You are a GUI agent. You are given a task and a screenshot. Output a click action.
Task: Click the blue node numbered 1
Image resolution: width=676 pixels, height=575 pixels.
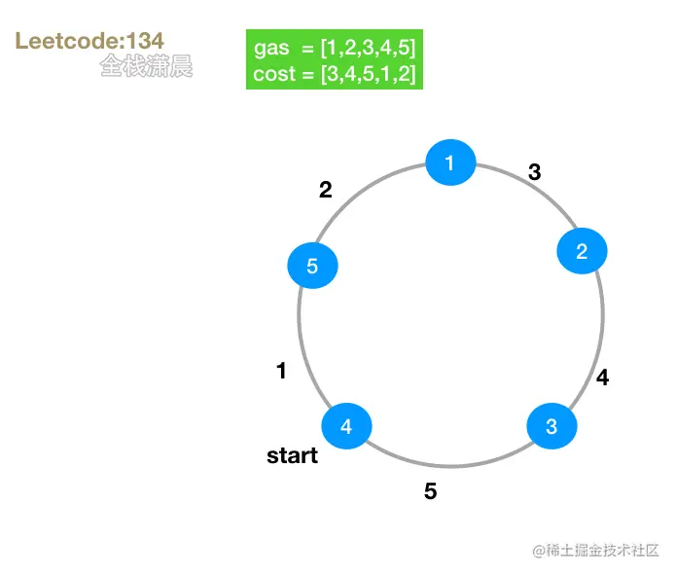click(450, 162)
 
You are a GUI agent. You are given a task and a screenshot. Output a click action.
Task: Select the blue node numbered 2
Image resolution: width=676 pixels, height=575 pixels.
click(582, 251)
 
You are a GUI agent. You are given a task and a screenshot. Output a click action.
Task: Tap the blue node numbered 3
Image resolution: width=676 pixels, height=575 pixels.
click(551, 426)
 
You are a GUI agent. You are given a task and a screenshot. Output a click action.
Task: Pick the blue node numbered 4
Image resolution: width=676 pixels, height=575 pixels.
click(346, 426)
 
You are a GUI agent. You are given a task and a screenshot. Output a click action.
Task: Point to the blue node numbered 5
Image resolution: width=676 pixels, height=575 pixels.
click(312, 266)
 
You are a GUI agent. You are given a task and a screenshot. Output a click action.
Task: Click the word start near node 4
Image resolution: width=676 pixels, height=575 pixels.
click(292, 455)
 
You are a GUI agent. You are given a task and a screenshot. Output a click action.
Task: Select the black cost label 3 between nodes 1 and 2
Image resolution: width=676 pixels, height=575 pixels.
click(534, 172)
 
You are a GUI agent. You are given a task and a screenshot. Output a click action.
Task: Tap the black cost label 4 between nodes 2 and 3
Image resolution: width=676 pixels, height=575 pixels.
click(602, 377)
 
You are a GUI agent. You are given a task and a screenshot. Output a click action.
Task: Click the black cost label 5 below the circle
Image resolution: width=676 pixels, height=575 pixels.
click(430, 491)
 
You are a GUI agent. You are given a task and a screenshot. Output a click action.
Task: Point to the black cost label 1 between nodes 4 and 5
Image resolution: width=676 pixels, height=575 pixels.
click(281, 371)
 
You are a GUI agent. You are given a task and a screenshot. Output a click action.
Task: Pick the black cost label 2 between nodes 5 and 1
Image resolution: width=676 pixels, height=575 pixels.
click(326, 191)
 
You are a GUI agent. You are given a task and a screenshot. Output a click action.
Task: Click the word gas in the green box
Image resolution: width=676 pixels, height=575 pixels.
click(271, 49)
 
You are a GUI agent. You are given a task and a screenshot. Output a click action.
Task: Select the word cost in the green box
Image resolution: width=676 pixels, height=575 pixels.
click(273, 74)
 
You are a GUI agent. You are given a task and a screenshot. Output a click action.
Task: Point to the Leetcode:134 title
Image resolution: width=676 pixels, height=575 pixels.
click(89, 41)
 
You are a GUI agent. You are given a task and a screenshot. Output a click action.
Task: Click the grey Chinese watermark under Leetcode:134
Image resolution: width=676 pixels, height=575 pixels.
click(146, 66)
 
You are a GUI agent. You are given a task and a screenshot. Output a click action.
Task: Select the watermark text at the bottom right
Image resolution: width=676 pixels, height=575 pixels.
click(595, 551)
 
